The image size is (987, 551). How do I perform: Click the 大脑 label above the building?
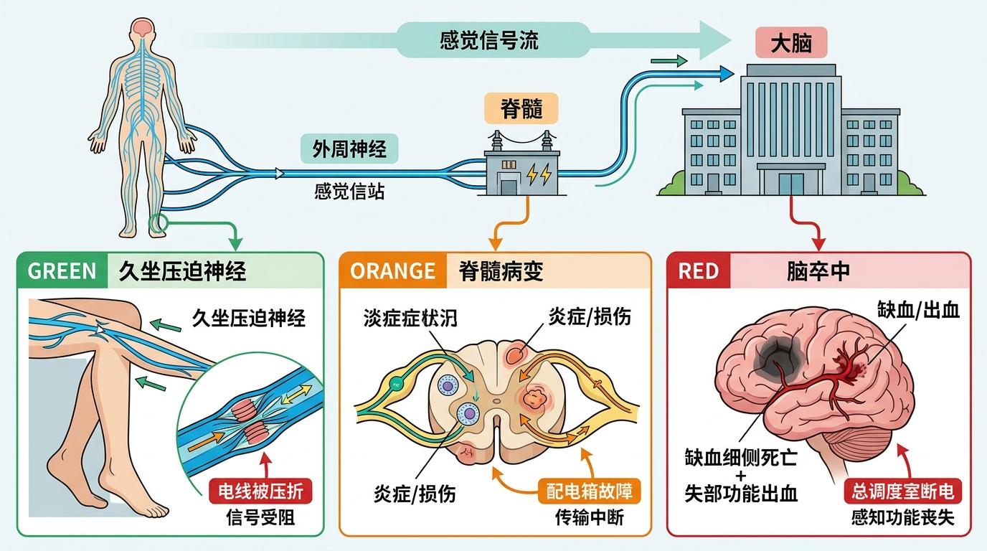pos(791,44)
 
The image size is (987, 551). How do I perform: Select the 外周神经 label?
pos(349,149)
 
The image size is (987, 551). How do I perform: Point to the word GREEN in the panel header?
pos(62,270)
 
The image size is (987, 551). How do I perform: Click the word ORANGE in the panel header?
pos(392,270)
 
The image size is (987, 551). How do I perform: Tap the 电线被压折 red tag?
pos(260,491)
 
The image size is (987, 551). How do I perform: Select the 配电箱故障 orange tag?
pos(589,491)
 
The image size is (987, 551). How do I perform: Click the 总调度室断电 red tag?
pos(903,491)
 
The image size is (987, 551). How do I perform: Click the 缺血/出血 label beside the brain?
pos(917,310)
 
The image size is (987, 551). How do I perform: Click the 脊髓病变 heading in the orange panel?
pos(500,270)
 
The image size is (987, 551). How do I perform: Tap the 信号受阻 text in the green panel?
pos(260,517)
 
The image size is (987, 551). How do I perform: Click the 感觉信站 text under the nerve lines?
pos(349,192)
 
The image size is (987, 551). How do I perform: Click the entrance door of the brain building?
pos(791,182)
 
